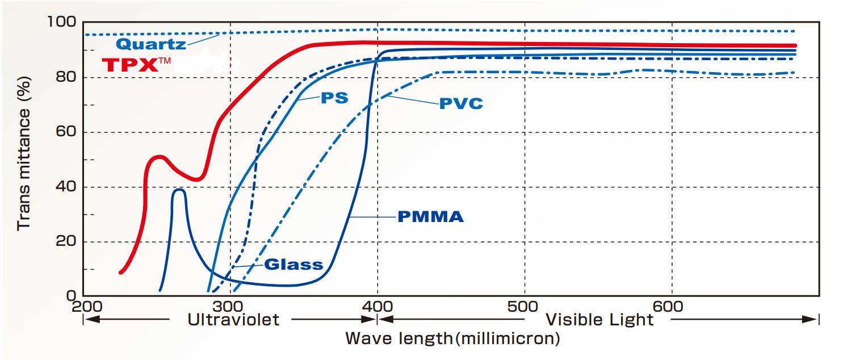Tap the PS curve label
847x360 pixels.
(x=334, y=98)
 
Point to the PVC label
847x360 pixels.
(x=461, y=103)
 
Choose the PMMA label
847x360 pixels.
(x=430, y=216)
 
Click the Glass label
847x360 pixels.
(x=293, y=264)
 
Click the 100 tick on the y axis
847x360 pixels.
(x=63, y=23)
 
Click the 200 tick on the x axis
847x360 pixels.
(x=83, y=305)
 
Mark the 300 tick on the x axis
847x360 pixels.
(x=230, y=305)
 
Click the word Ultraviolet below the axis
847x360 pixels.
(x=233, y=320)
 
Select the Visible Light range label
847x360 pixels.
(x=599, y=320)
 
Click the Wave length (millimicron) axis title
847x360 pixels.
(x=452, y=339)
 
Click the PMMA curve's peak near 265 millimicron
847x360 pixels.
(x=179, y=190)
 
